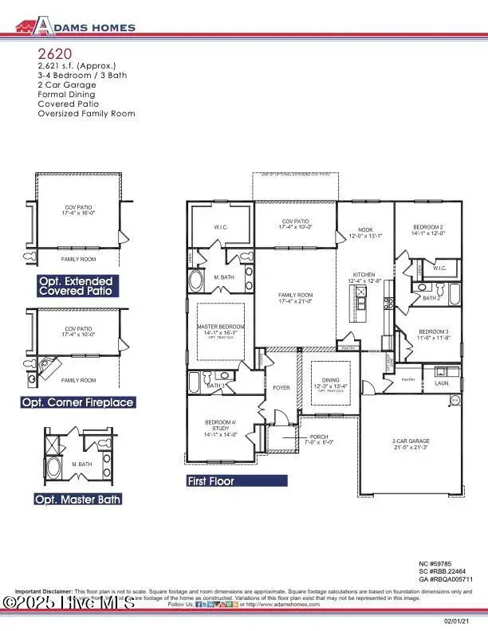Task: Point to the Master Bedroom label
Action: coord(220,327)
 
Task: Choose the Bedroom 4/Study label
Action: coord(217,429)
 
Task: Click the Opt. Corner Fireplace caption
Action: coord(77,403)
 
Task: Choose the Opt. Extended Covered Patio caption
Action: coord(77,287)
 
